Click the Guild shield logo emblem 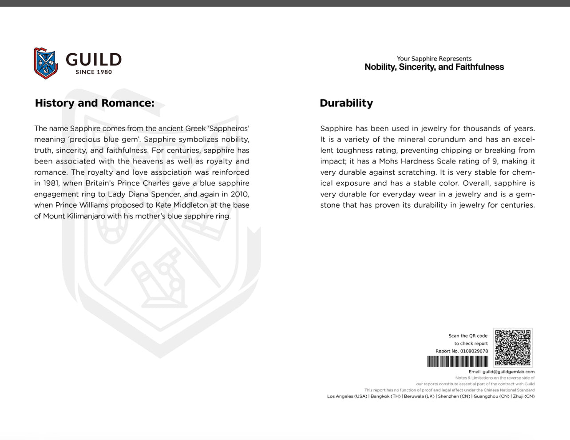46,63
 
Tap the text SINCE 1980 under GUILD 94,72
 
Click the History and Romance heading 95,103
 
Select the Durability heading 346,103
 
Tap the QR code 513,348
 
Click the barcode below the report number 458,362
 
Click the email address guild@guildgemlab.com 508,372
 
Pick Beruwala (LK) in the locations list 419,396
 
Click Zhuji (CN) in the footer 524,396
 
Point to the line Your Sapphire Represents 434,59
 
